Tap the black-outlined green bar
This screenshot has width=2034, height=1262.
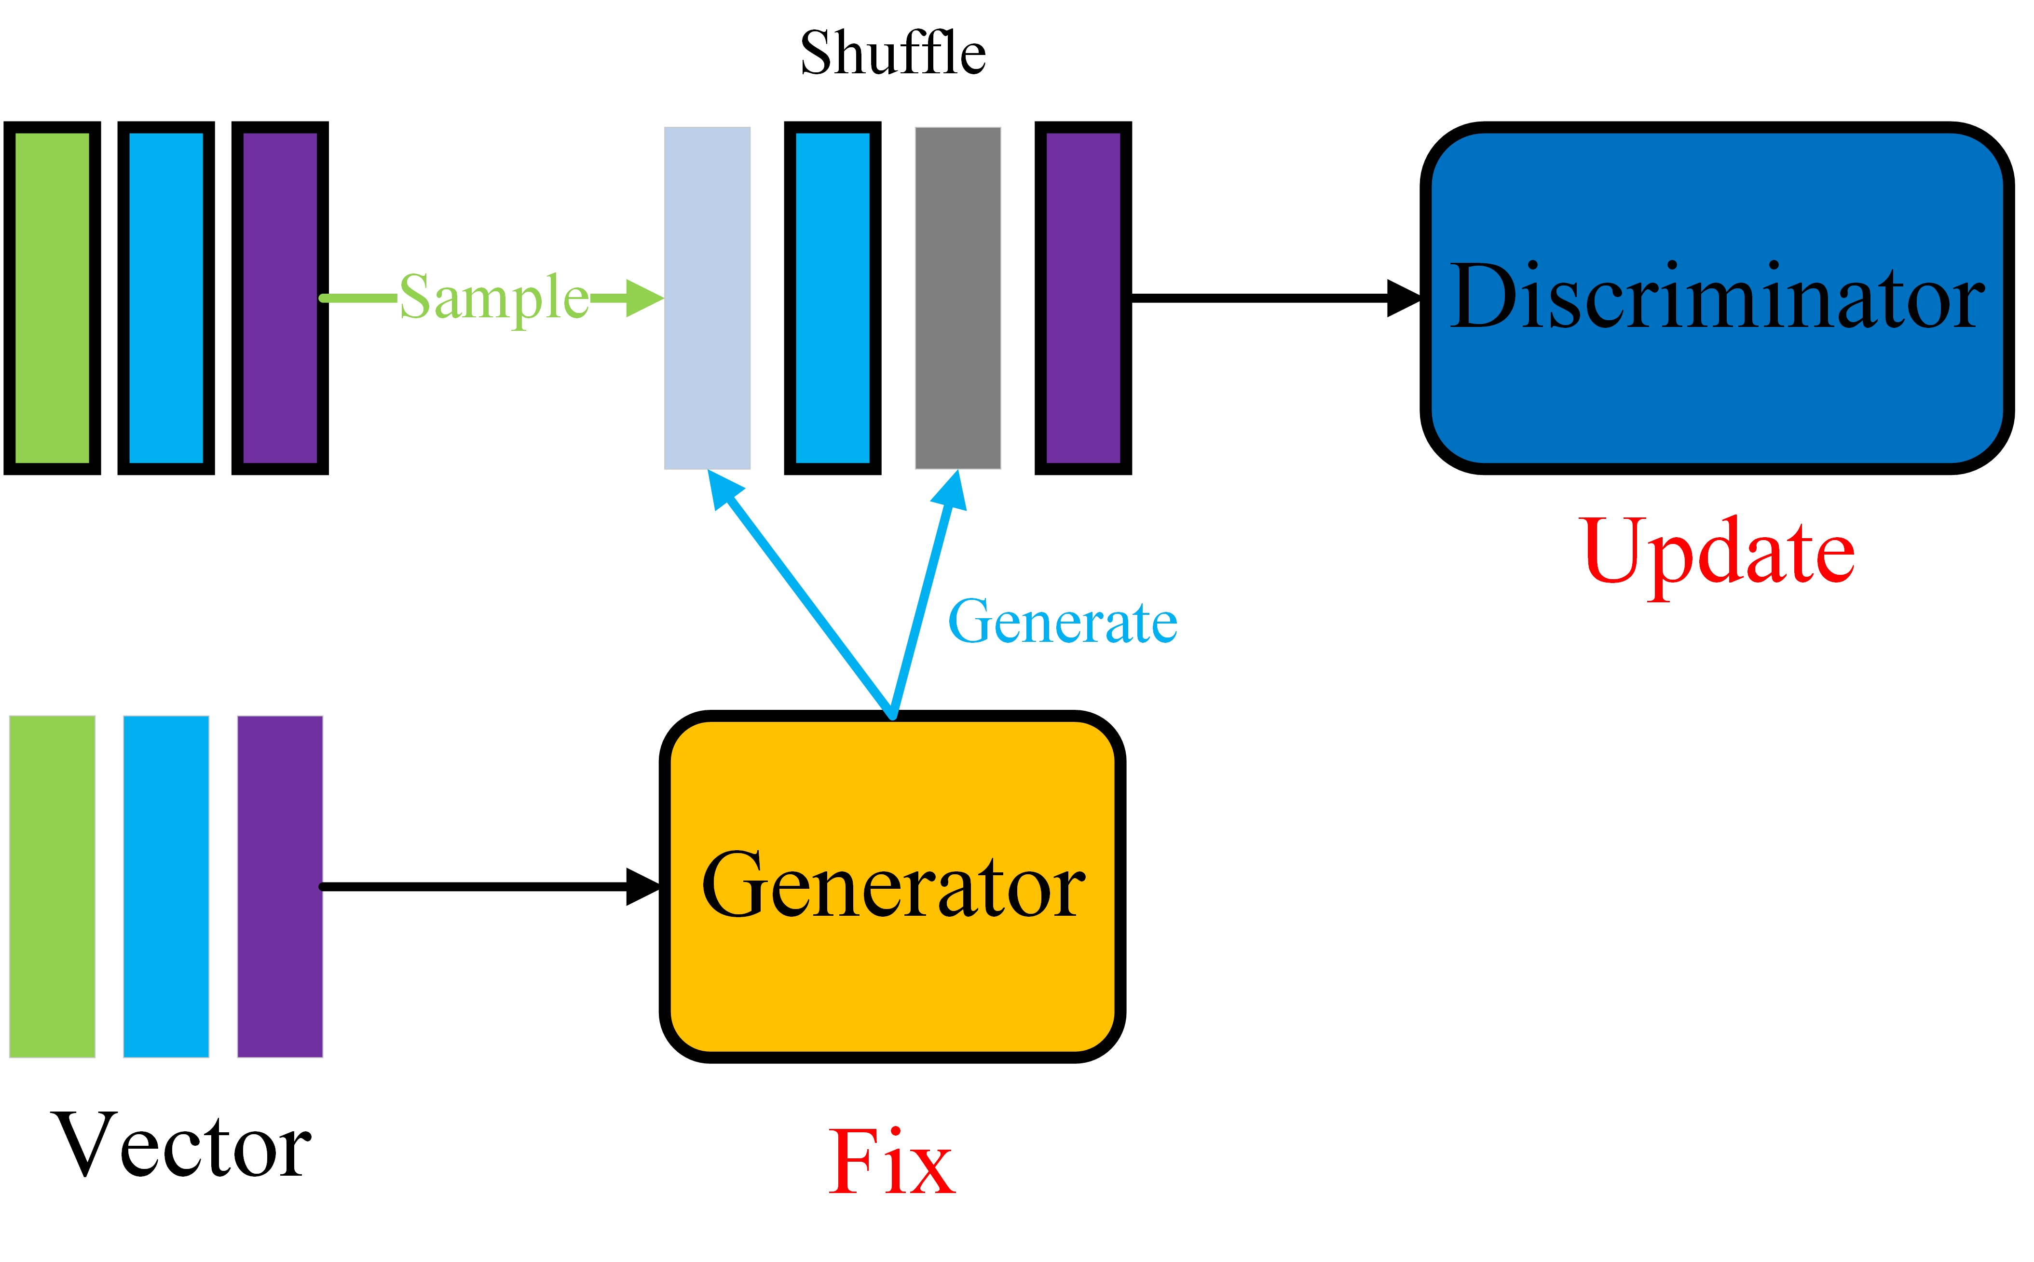[52, 298]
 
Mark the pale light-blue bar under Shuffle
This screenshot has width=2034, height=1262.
[707, 298]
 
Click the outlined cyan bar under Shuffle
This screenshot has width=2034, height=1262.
[832, 298]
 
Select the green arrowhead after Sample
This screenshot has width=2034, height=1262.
[643, 298]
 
